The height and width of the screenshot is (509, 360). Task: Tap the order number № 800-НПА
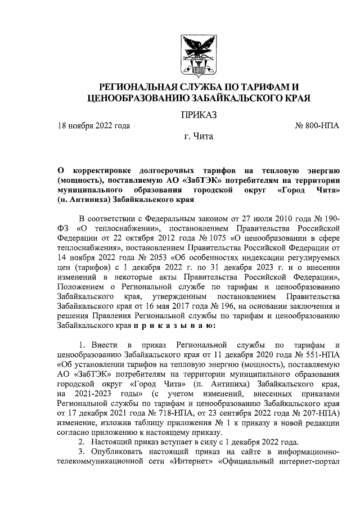[317, 126]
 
